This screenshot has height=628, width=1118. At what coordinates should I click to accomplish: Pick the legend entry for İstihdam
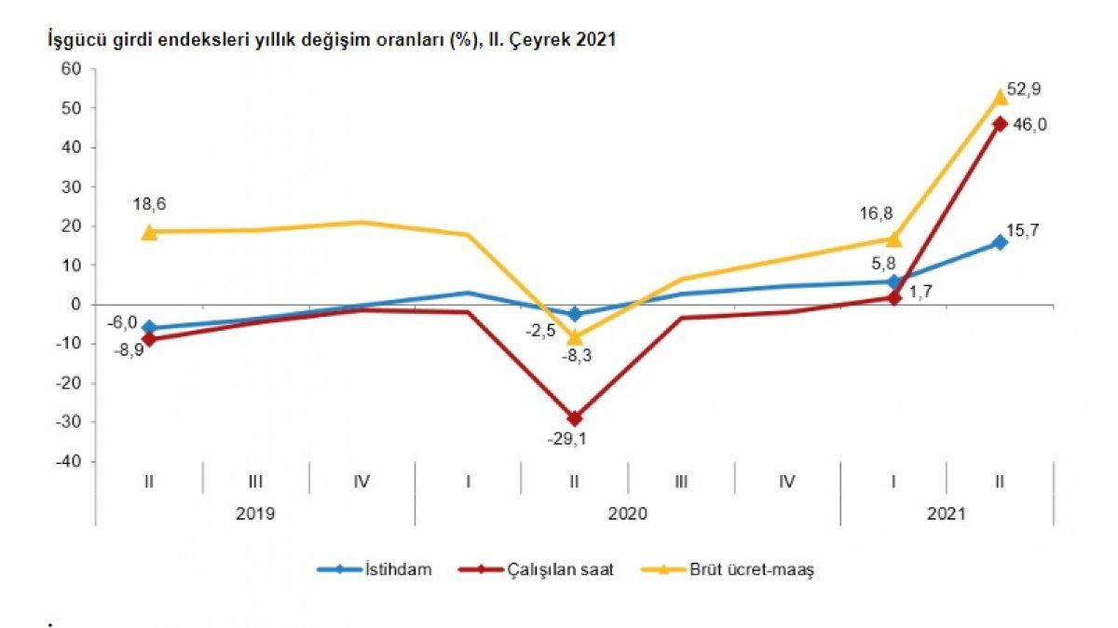pyautogui.click(x=375, y=570)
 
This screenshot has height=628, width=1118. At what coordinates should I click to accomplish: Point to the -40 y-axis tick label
pyautogui.click(x=71, y=461)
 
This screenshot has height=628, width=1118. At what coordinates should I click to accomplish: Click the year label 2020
pyautogui.click(x=627, y=513)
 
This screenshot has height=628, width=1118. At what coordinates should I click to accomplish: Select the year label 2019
pyautogui.click(x=255, y=513)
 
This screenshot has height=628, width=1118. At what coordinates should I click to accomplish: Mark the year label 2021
pyautogui.click(x=947, y=513)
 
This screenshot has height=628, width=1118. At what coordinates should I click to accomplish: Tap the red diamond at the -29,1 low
pyautogui.click(x=574, y=418)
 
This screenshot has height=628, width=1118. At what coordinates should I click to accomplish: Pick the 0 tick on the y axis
pyautogui.click(x=79, y=305)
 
